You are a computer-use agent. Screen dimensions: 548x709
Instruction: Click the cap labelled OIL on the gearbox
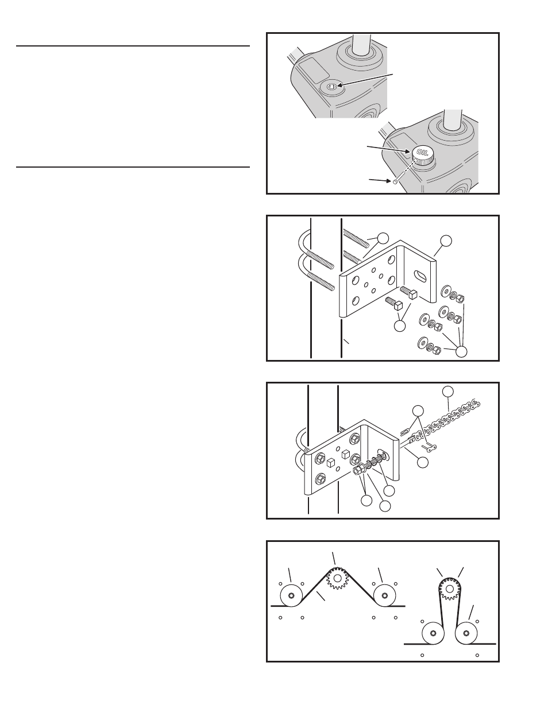coord(423,154)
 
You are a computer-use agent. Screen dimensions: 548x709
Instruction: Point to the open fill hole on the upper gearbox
coord(332,86)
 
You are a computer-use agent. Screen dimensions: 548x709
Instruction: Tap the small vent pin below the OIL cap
coord(395,182)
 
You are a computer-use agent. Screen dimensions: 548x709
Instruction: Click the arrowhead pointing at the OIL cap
coord(408,151)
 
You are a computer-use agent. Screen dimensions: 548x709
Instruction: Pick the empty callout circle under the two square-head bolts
coord(400,326)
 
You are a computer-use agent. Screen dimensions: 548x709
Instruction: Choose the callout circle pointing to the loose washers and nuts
coord(461,351)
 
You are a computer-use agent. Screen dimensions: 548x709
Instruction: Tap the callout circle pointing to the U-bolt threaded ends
coord(383,238)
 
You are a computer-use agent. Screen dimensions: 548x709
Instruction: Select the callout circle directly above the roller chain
coord(448,392)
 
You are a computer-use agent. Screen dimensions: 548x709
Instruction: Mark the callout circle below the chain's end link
coord(423,462)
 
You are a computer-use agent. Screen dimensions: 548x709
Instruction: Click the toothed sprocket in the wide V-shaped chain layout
coord(338,578)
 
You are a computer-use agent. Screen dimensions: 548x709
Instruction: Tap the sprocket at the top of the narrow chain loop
coord(450,589)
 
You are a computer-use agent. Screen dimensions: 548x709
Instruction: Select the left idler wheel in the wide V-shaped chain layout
coord(291,595)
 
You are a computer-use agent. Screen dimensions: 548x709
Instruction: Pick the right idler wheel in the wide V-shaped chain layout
coord(384,595)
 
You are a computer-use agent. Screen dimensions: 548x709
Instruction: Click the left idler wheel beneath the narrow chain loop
coord(433,633)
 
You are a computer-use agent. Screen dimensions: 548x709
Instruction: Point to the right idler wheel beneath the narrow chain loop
coord(466,633)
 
